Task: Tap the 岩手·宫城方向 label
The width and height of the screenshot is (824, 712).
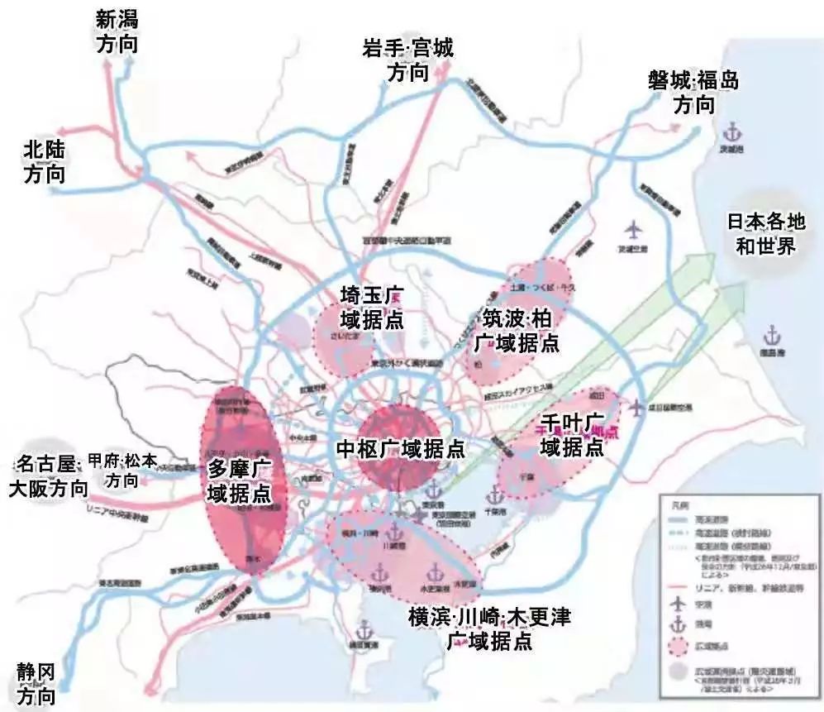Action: click(x=407, y=60)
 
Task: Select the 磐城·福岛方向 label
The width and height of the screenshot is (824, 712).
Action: click(x=693, y=92)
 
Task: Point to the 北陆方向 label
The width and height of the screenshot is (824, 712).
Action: click(x=45, y=161)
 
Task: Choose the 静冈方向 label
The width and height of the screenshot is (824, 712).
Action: click(x=38, y=683)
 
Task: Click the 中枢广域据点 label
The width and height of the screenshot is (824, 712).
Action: click(x=400, y=449)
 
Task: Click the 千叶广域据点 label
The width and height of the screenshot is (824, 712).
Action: click(x=572, y=435)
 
